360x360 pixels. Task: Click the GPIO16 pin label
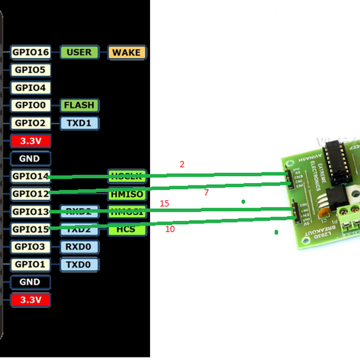pyautogui.click(x=30, y=52)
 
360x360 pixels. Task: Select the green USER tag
pyautogui.click(x=79, y=52)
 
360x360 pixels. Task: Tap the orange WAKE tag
pyautogui.click(x=127, y=52)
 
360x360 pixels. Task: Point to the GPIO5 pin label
pyautogui.click(x=30, y=70)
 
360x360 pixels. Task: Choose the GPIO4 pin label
pyautogui.click(x=30, y=88)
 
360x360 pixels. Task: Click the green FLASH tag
pyautogui.click(x=79, y=106)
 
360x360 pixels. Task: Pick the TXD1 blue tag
pyautogui.click(x=79, y=123)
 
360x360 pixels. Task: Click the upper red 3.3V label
pyautogui.click(x=30, y=141)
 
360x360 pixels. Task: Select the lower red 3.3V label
pyautogui.click(x=30, y=299)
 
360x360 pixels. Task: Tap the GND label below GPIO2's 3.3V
pyautogui.click(x=30, y=158)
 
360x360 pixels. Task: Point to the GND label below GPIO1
pyautogui.click(x=30, y=282)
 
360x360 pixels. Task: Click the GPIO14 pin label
pyautogui.click(x=30, y=176)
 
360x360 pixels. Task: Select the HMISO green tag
pyautogui.click(x=127, y=194)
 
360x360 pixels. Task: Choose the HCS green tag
pyautogui.click(x=127, y=229)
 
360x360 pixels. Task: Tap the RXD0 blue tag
pyautogui.click(x=79, y=247)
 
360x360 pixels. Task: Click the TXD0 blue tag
pyautogui.click(x=79, y=265)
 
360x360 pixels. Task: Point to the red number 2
pyautogui.click(x=182, y=164)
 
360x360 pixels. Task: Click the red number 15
pyautogui.click(x=164, y=204)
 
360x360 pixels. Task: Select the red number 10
pyautogui.click(x=170, y=229)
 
